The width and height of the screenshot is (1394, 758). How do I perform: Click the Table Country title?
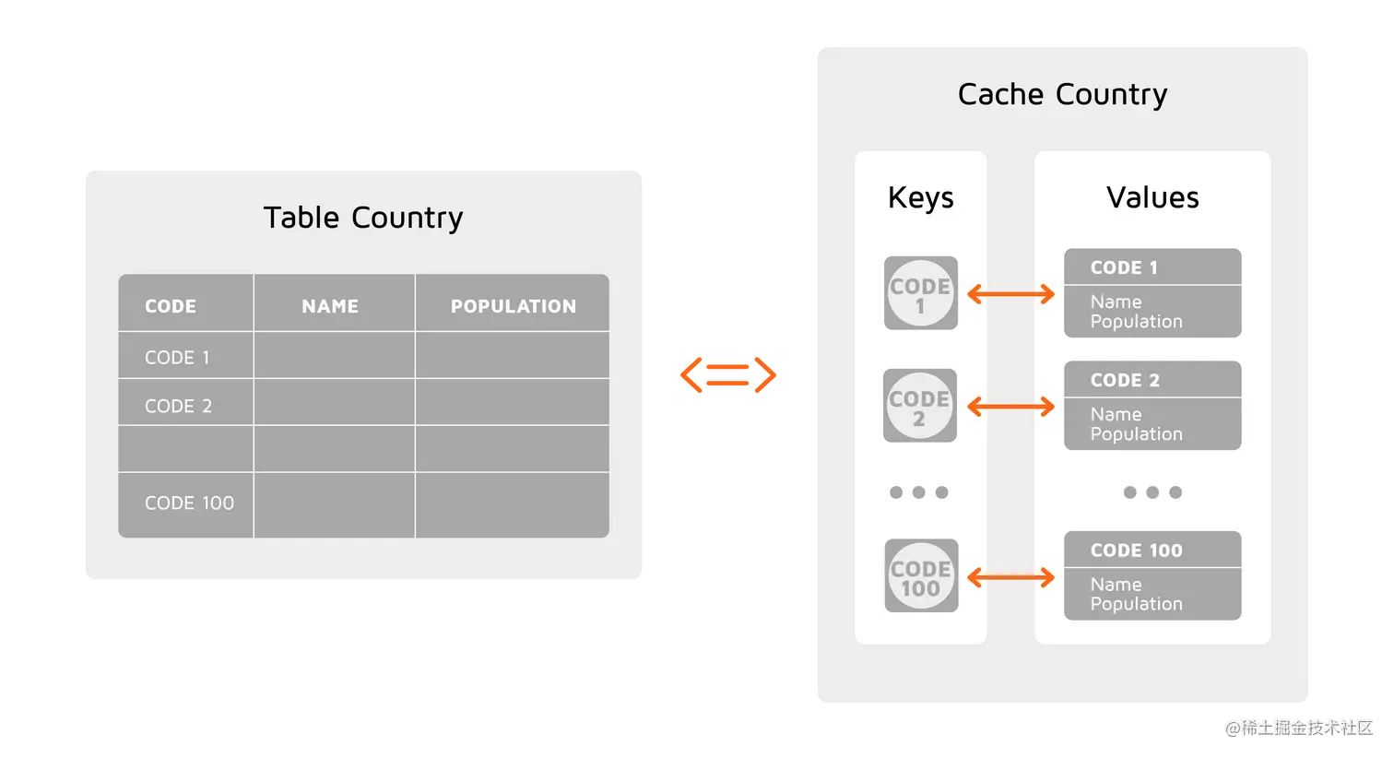[363, 218]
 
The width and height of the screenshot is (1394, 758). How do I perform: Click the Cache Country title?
[1062, 94]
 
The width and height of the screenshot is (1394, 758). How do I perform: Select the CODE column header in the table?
[171, 306]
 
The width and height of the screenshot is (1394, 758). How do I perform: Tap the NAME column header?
[330, 306]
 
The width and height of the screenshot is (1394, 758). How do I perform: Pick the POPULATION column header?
[513, 306]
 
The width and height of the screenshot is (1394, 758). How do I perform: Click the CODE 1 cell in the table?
[177, 357]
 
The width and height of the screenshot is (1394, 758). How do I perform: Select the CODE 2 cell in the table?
[178, 406]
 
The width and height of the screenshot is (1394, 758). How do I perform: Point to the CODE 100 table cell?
[189, 503]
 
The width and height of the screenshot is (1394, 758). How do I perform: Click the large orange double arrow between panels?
[729, 375]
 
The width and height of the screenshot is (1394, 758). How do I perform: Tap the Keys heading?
[920, 197]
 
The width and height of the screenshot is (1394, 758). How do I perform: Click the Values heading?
[1152, 197]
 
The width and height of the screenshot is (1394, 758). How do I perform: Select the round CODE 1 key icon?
[920, 293]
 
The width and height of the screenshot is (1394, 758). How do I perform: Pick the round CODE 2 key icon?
[919, 406]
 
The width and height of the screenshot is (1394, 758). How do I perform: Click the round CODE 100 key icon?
[921, 576]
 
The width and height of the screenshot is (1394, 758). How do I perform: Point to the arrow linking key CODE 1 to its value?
[1010, 294]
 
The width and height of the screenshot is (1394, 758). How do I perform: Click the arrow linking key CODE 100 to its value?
[1010, 577]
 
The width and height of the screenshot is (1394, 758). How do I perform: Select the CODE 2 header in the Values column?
[1125, 380]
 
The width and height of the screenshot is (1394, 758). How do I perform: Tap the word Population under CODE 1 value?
[1136, 322]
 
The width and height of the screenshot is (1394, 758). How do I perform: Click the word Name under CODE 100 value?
[1116, 584]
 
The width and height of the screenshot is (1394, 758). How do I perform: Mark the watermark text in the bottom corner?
[1298, 727]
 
